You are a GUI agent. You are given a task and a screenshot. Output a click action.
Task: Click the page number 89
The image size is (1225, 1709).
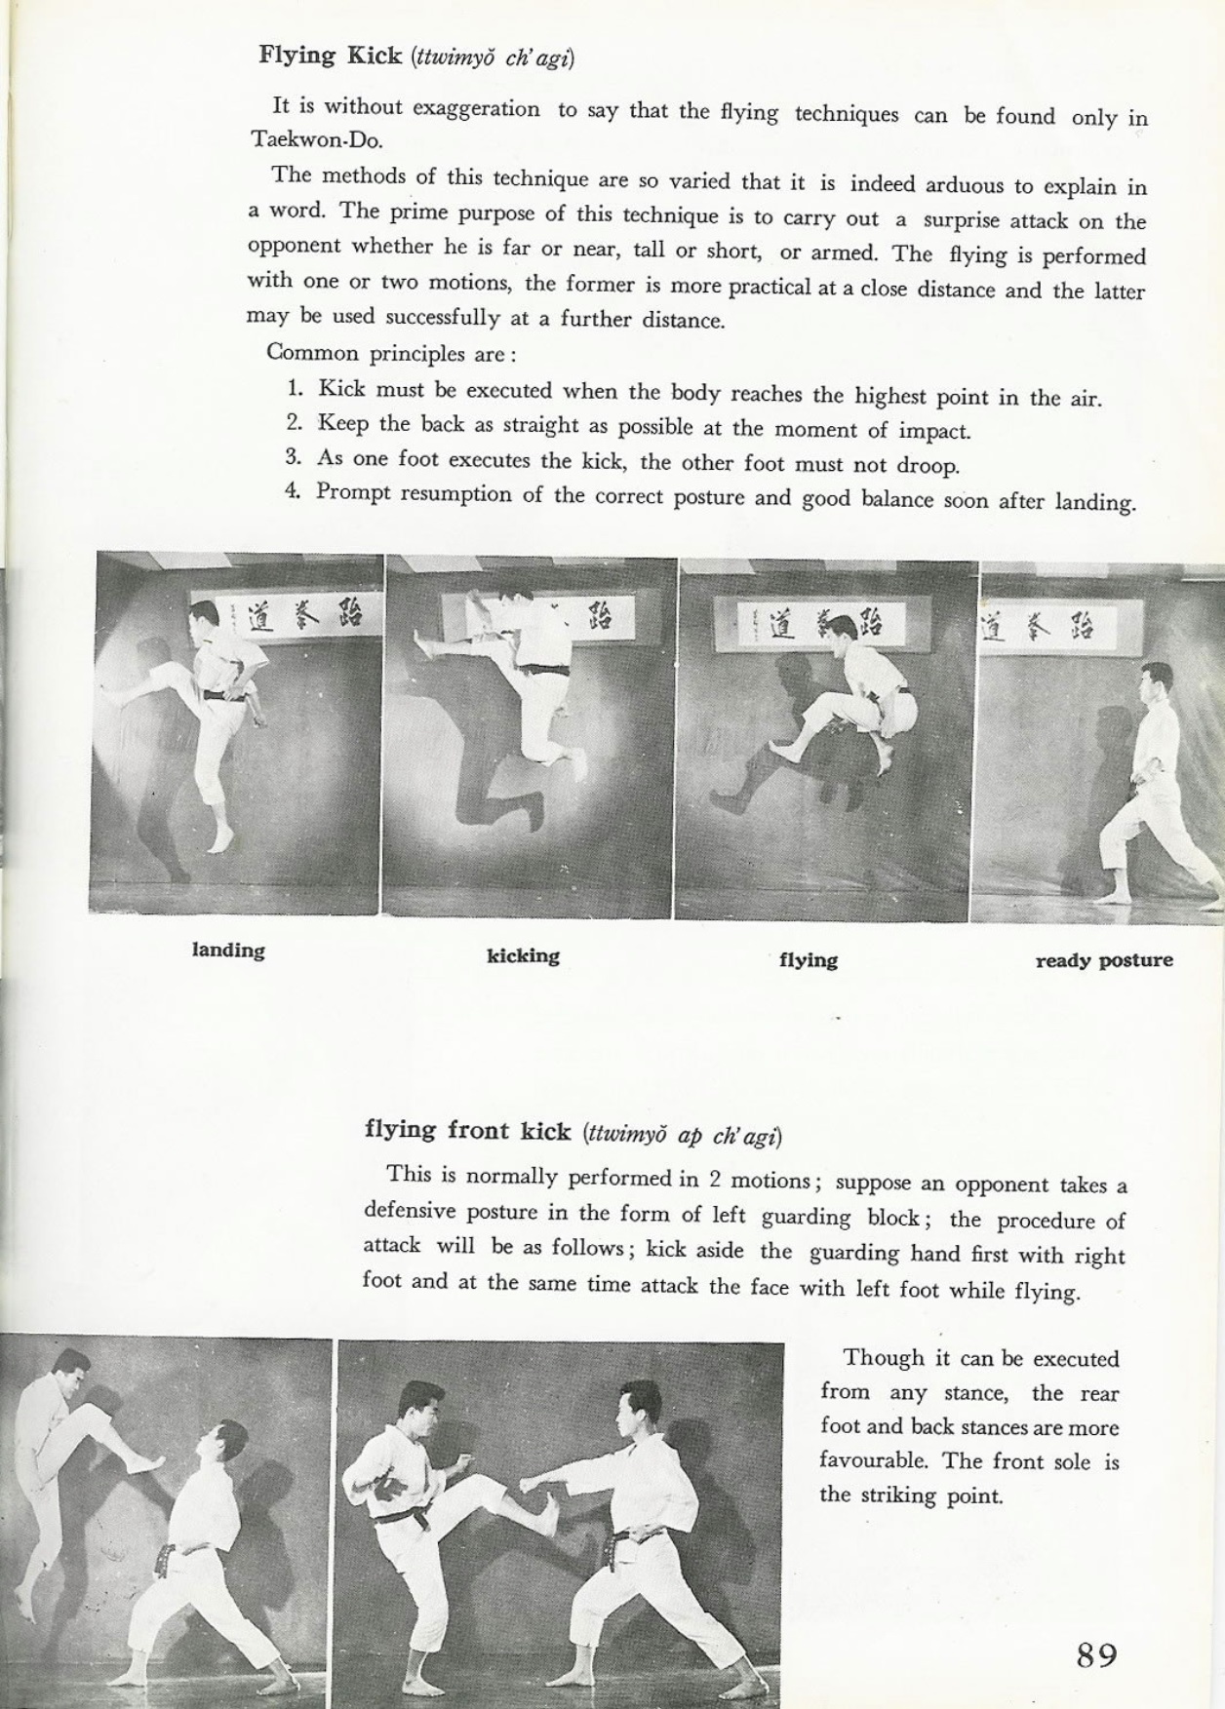pyautogui.click(x=1096, y=1654)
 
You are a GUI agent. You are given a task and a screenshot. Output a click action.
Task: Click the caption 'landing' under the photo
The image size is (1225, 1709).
pyautogui.click(x=228, y=951)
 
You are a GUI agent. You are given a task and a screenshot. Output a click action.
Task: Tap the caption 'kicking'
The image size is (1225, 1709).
pyautogui.click(x=523, y=956)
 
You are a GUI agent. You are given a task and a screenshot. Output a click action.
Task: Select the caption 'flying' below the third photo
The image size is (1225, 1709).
pyautogui.click(x=808, y=960)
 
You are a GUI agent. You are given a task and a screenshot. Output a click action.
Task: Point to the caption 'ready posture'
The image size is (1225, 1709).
pyautogui.click(x=1103, y=961)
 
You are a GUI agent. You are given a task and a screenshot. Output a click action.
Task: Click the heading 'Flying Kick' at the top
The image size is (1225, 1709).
pyautogui.click(x=330, y=56)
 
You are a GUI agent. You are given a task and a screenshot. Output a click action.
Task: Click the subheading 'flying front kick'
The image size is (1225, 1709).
pyautogui.click(x=467, y=1131)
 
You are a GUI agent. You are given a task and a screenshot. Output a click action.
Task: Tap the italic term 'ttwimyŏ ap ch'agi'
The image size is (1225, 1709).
pyautogui.click(x=682, y=1136)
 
